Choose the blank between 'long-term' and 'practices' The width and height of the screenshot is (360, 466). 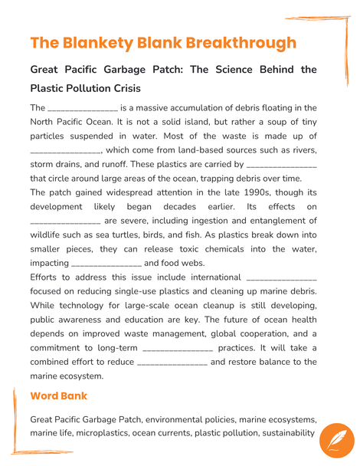pos(178,348)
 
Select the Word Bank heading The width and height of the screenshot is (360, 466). pos(58,396)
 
